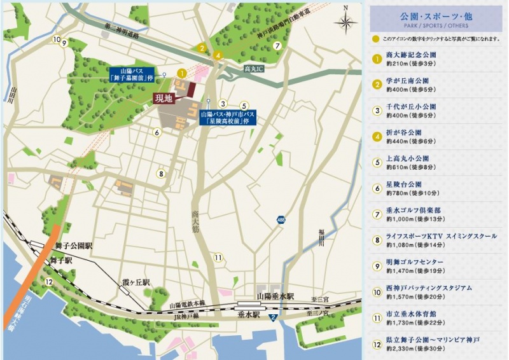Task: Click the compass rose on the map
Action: pos(345,24)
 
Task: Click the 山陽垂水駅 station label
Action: pos(275,296)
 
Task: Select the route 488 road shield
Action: pos(281,219)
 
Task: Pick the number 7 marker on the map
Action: pos(277,46)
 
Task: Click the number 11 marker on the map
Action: pos(218,258)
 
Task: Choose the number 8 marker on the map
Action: pos(162,173)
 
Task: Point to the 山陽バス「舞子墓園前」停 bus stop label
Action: pos(137,74)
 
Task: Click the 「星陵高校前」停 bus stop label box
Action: pos(227,118)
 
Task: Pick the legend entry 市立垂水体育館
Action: pos(412,314)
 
